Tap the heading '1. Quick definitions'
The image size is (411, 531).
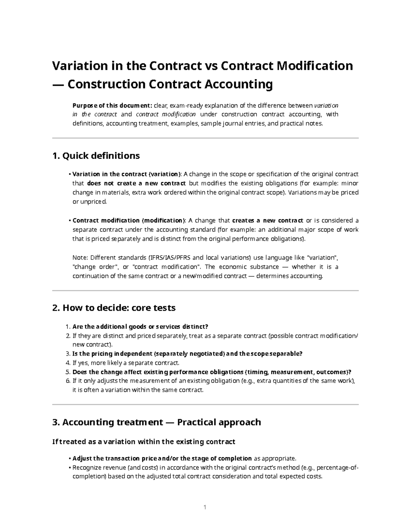[96, 156]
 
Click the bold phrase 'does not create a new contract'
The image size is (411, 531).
[136, 183]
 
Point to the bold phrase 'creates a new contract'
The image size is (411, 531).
[267, 220]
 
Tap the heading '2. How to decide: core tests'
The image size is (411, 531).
[114, 308]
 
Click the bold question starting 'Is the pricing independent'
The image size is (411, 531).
[187, 354]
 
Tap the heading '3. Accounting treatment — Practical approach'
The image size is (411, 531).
[157, 422]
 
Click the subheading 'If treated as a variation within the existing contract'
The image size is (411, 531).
[144, 442]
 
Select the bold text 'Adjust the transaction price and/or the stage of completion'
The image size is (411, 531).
[162, 459]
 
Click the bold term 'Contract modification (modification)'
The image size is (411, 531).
[129, 220]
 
